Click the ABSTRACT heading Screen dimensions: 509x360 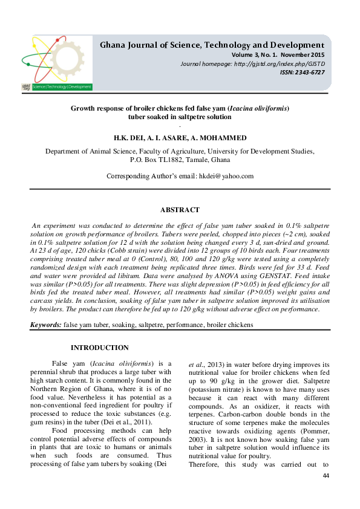(x=180, y=210)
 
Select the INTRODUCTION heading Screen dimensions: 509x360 (x=100, y=348)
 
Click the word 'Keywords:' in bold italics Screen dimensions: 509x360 (x=46, y=325)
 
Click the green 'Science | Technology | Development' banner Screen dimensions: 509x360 (x=62, y=86)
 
